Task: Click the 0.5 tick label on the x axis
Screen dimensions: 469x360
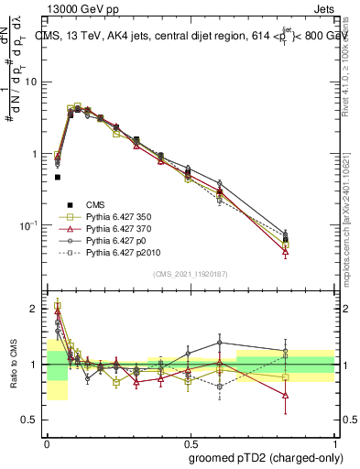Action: coord(190,442)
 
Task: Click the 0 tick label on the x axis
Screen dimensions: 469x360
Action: coord(47,442)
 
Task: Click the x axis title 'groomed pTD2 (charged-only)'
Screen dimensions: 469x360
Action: coord(267,456)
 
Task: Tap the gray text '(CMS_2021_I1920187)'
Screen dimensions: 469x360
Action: coord(191,274)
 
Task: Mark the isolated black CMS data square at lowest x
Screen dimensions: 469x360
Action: coord(58,177)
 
